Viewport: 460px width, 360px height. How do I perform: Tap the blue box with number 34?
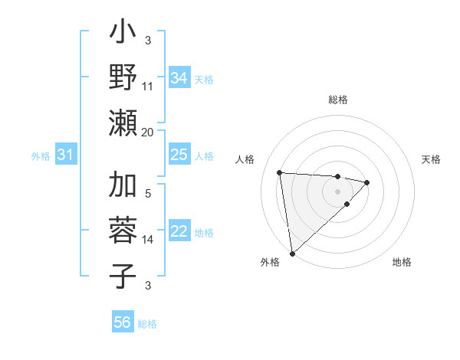click(179, 77)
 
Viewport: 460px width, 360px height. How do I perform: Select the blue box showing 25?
click(179, 155)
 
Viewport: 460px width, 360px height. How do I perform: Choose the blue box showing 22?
click(179, 231)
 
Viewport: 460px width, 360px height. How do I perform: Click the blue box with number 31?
click(66, 155)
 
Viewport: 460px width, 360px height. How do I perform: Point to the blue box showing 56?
click(123, 322)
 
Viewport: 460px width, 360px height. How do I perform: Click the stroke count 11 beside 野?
click(148, 86)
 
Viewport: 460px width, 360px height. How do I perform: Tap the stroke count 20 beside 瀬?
click(148, 132)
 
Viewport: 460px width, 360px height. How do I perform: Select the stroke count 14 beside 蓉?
click(148, 240)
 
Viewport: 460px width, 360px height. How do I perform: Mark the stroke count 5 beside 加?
click(148, 194)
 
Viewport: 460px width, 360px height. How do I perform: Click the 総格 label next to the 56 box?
click(147, 323)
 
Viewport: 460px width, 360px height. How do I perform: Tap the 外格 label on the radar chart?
click(269, 263)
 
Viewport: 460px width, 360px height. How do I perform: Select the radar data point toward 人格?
click(280, 172)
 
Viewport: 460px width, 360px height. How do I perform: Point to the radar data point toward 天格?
click(368, 182)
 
